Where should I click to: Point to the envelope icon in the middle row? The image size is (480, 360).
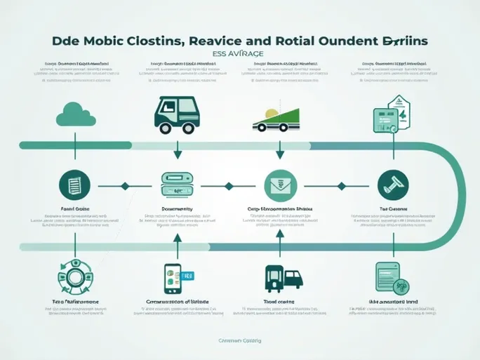click(279, 186)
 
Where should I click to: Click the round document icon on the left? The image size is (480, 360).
click(75, 185)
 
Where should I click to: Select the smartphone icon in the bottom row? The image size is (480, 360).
click(172, 279)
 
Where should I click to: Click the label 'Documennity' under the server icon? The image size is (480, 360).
click(178, 208)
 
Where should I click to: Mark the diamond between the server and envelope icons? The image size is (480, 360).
click(228, 186)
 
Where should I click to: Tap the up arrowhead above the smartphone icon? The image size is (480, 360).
click(178, 239)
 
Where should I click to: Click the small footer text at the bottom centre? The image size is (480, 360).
click(239, 340)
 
